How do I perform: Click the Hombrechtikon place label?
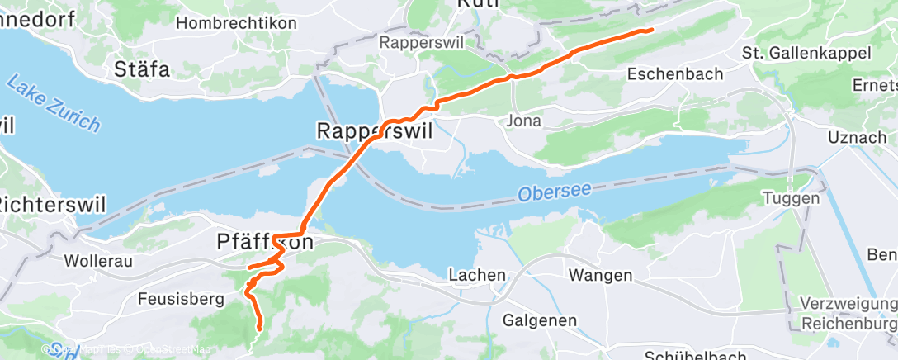(236, 23)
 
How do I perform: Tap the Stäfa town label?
(142, 69)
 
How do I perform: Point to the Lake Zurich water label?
(53, 103)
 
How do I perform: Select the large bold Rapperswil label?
(375, 130)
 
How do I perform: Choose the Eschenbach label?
(675, 73)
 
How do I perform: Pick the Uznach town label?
(857, 137)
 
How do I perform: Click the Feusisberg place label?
(181, 299)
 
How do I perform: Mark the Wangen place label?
(600, 275)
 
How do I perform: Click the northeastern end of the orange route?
(652, 31)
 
